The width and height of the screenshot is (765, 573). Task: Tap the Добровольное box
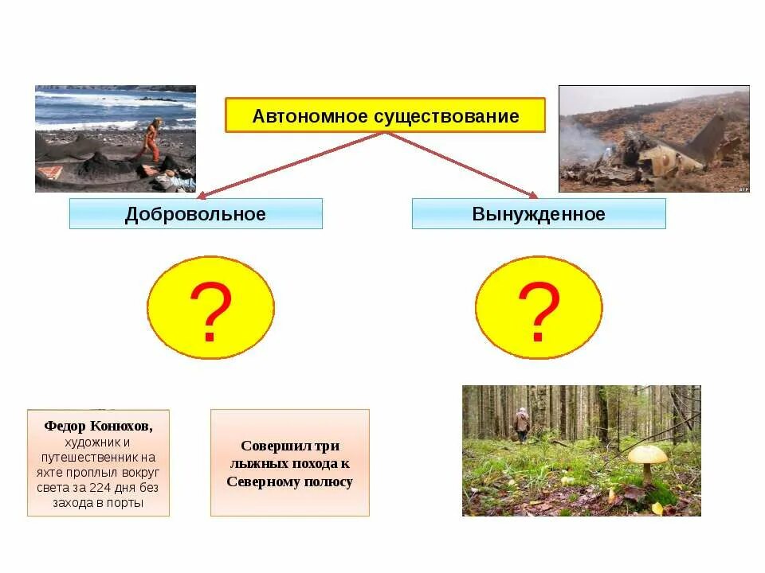(x=195, y=214)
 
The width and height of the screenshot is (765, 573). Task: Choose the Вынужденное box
(x=538, y=214)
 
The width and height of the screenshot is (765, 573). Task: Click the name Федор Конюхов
(x=98, y=426)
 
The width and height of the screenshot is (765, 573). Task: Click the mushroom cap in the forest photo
(x=647, y=454)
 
